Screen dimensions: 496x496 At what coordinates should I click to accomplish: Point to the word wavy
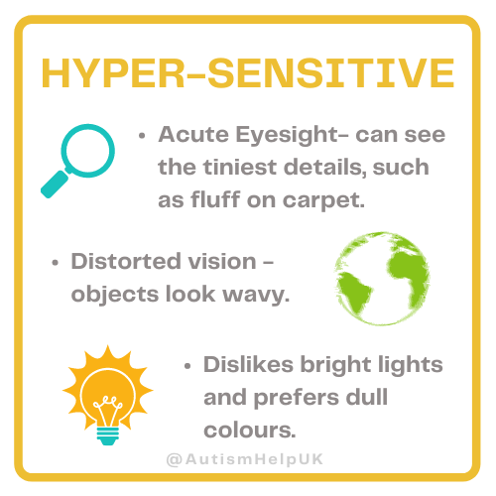pyautogui.click(x=257, y=295)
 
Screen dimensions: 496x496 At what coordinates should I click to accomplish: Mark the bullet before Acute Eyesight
pyautogui.click(x=145, y=134)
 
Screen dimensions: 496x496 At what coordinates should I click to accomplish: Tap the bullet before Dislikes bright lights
pyautogui.click(x=190, y=365)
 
